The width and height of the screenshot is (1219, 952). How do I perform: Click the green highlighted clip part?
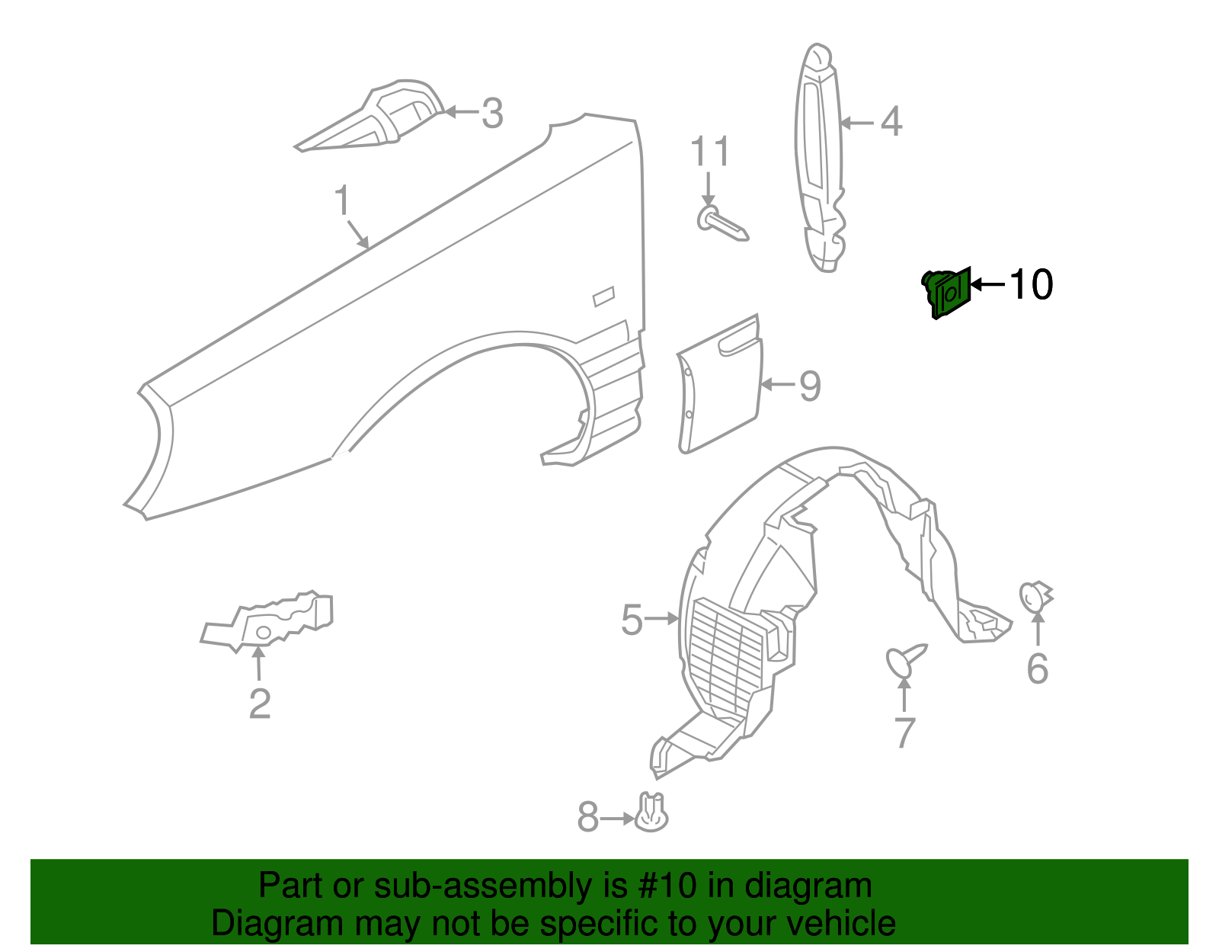[947, 292]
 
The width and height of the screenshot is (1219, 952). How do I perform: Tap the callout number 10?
[1031, 285]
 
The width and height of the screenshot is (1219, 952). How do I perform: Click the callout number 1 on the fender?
[342, 200]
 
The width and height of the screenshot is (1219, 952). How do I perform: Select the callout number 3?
[492, 114]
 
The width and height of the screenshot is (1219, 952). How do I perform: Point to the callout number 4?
[891, 122]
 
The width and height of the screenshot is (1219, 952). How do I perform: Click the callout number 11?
[709, 152]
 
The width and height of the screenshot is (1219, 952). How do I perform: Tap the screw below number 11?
[722, 224]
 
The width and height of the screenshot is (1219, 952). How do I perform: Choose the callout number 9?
[810, 386]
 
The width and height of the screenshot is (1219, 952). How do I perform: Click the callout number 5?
[632, 620]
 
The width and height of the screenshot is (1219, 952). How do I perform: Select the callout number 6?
[1037, 668]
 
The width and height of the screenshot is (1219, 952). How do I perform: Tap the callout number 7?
[904, 732]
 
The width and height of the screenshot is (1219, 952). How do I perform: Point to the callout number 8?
[587, 818]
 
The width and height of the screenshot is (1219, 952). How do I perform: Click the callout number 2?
[260, 704]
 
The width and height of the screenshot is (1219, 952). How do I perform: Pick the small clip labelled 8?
[651, 813]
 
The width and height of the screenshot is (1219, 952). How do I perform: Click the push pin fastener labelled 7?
[904, 660]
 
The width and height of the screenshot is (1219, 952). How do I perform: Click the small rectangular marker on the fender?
[603, 296]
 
